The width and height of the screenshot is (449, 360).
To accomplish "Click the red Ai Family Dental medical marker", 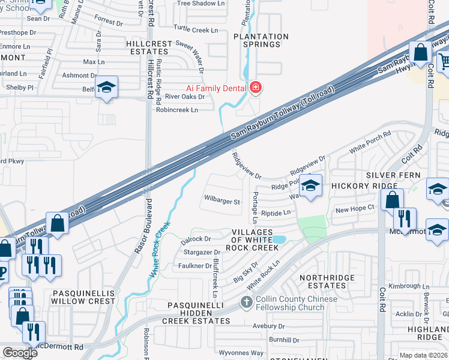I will (x=256, y=88).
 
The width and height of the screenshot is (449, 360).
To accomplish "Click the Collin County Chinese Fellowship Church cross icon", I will (x=246, y=302).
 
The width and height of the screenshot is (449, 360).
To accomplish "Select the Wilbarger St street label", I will (x=221, y=202).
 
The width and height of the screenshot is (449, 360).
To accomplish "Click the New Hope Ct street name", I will (x=355, y=209).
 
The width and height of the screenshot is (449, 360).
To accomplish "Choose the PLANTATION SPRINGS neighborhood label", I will (x=261, y=40).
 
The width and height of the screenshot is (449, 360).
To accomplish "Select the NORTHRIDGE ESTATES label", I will (x=323, y=281).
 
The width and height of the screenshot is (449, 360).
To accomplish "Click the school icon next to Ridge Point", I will (x=310, y=185).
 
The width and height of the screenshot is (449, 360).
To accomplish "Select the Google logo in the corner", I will (x=20, y=352).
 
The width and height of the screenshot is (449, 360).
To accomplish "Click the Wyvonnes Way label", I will (x=241, y=353).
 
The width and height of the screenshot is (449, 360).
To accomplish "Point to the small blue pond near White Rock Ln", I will (x=279, y=239).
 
